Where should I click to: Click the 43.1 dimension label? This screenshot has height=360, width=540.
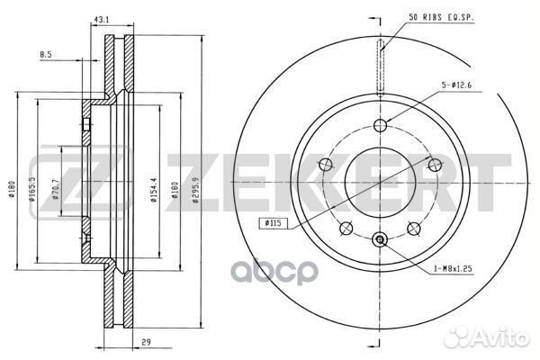point(101,20)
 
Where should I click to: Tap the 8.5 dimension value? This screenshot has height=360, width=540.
point(46,54)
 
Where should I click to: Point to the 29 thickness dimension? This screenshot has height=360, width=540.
point(146,342)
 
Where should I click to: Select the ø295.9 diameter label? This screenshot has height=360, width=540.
point(196,190)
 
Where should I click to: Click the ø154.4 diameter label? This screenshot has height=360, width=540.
point(153,190)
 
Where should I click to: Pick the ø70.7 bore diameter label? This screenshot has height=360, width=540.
point(56,190)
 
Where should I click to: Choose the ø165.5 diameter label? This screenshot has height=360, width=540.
point(32,189)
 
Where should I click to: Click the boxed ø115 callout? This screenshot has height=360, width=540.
point(273,223)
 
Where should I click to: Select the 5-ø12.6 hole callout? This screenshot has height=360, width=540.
point(456,85)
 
